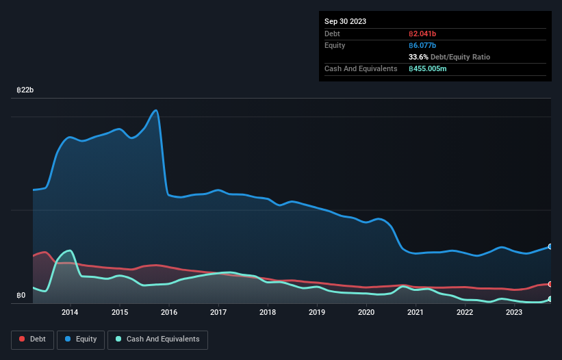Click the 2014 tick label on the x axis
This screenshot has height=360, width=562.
tap(70, 313)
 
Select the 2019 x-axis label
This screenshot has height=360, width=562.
tap(317, 313)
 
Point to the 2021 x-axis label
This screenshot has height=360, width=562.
tap(416, 313)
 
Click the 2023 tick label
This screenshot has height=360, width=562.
tap(514, 313)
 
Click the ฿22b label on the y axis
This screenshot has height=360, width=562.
tap(25, 90)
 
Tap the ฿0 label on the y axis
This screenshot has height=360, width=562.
tap(21, 296)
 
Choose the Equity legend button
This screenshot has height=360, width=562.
tap(80, 339)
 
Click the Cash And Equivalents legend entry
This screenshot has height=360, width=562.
tap(157, 339)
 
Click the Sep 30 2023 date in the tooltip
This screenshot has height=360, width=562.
tap(345, 21)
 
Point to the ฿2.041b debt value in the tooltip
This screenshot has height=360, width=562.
tap(424, 34)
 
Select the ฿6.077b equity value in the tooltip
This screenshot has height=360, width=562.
tap(422, 45)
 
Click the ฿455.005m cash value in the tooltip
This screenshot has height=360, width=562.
tap(428, 68)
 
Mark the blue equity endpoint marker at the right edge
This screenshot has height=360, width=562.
tap(550, 246)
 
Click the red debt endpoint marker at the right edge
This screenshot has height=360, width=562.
tap(550, 284)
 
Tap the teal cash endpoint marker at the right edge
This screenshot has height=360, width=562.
tap(550, 299)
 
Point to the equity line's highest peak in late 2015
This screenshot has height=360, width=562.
tap(157, 110)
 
